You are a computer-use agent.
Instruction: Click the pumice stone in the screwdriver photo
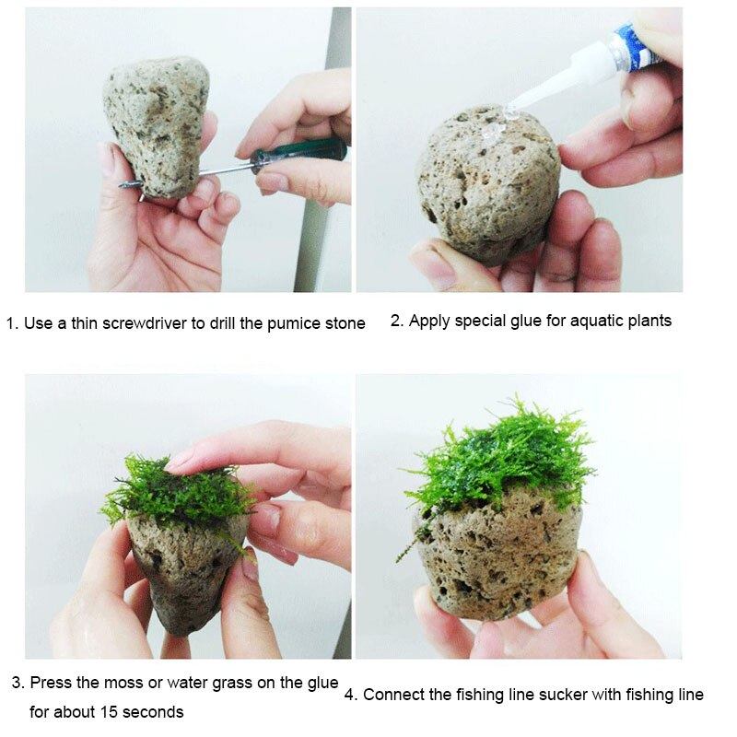(157, 124)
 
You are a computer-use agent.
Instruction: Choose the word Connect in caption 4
(391, 695)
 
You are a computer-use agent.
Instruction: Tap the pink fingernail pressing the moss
(179, 460)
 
